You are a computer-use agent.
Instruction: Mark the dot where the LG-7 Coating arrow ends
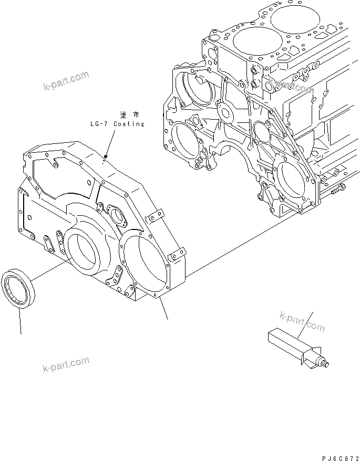coord(106,156)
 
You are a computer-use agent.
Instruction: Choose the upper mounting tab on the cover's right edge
coord(155,215)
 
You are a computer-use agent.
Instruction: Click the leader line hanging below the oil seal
coord(20,320)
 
